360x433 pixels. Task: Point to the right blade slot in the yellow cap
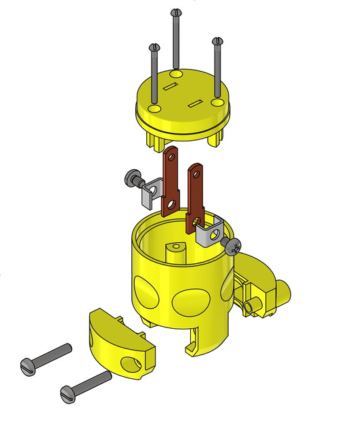196,103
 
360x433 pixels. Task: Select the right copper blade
196,193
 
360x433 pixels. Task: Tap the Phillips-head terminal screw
233,245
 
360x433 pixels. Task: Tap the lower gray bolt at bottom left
85,386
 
